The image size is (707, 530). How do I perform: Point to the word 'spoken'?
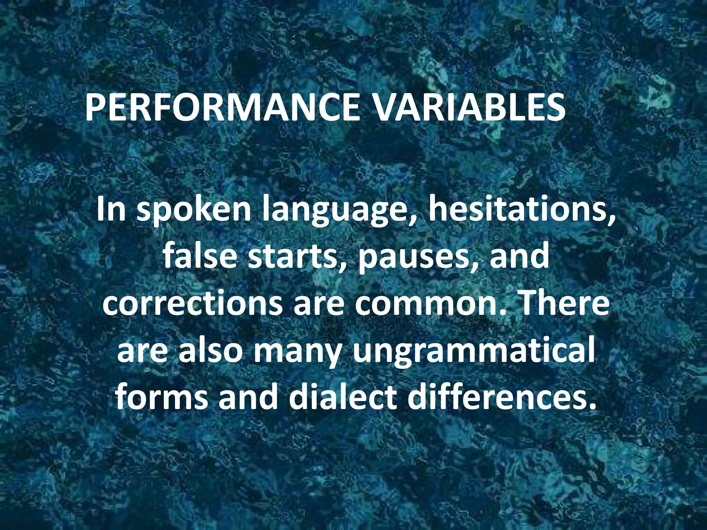[194, 210]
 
